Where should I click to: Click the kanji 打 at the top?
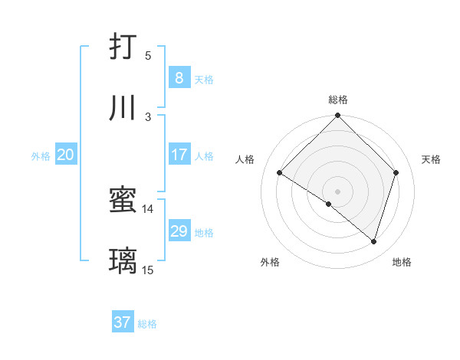pyautogui.click(x=123, y=48)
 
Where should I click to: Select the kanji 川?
pyautogui.click(x=123, y=108)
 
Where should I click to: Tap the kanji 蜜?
pyautogui.click(x=123, y=201)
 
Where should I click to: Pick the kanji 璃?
pyautogui.click(x=123, y=261)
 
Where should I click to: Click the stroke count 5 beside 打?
pyautogui.click(x=148, y=56)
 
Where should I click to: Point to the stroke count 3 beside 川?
pyautogui.click(x=148, y=116)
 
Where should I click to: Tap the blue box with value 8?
pyautogui.click(x=179, y=77)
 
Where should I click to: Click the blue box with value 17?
pyautogui.click(x=179, y=155)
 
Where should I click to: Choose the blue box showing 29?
pyautogui.click(x=179, y=231)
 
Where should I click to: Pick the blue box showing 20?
pyautogui.click(x=65, y=155)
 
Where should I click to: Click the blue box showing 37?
pyautogui.click(x=123, y=322)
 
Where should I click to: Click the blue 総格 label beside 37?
pyautogui.click(x=147, y=324)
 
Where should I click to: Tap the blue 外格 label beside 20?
pyautogui.click(x=41, y=156)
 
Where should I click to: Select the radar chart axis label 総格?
pyautogui.click(x=338, y=100)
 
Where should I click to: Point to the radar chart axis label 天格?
pyautogui.click(x=432, y=159)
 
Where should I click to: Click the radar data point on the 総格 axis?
pyautogui.click(x=338, y=117)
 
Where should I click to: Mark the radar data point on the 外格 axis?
pyautogui.click(x=329, y=204)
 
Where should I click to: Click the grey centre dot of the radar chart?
pyautogui.click(x=338, y=191)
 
